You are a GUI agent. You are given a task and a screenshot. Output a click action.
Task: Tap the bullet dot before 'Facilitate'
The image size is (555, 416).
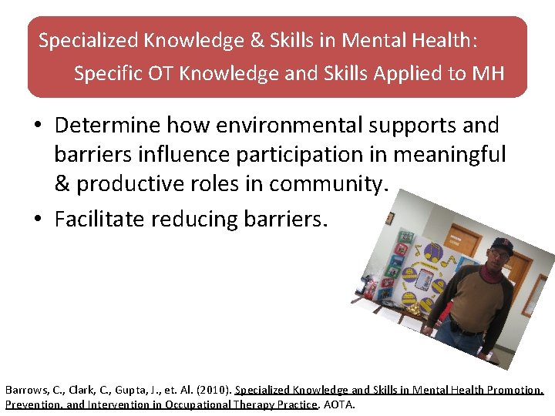coord(38,220)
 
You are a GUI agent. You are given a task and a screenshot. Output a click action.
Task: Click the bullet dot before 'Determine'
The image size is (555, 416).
coord(38,126)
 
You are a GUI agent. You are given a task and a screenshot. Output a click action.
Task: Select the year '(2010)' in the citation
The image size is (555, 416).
coord(214,390)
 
